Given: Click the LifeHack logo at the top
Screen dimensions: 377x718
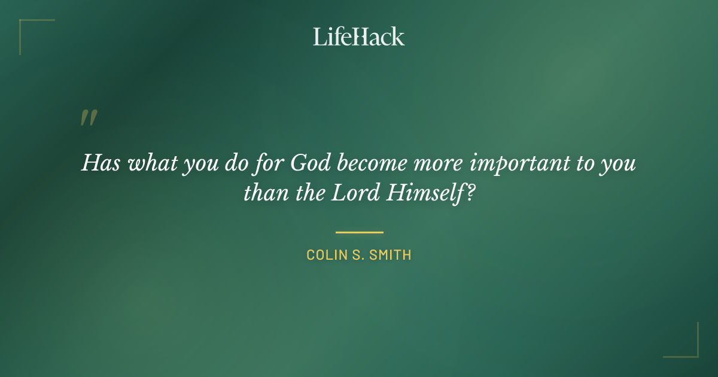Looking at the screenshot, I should [358, 37].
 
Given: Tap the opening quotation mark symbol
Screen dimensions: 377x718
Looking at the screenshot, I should [88, 118].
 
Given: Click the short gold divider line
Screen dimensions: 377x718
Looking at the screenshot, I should [359, 232].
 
